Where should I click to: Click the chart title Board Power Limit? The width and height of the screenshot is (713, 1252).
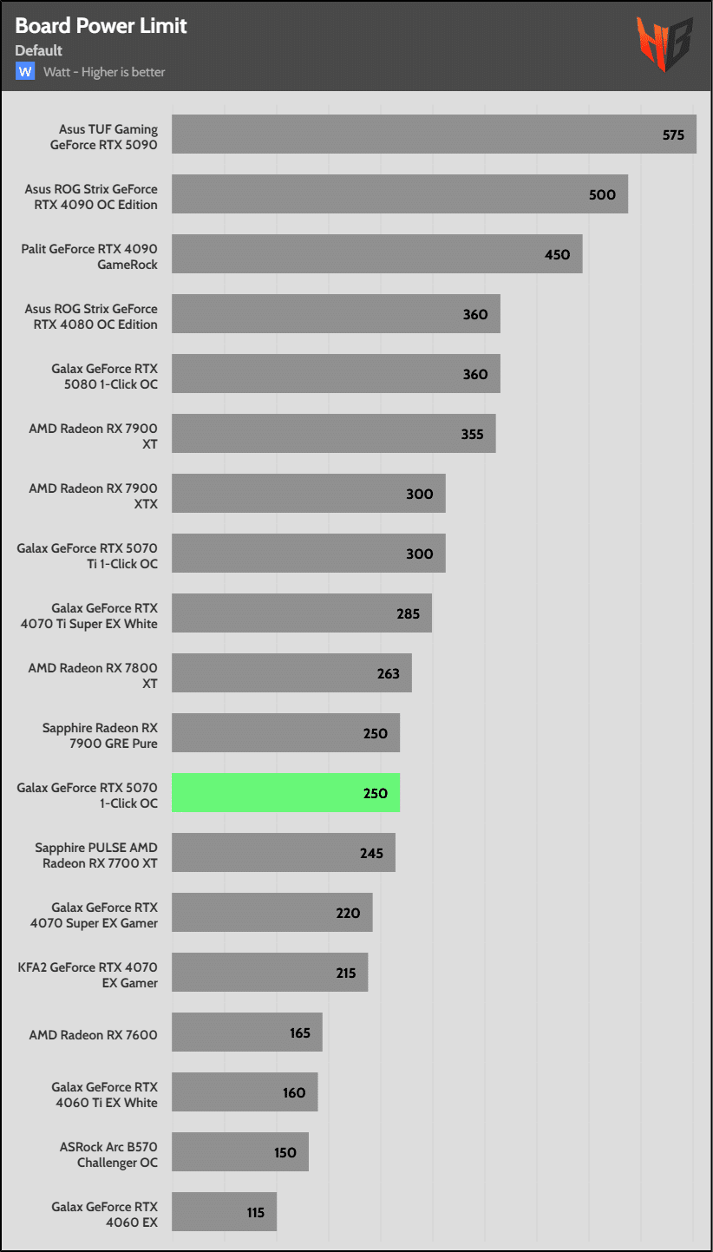point(101,26)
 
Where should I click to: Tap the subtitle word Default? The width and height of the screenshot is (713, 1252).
point(38,50)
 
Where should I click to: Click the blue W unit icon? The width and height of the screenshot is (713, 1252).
point(25,71)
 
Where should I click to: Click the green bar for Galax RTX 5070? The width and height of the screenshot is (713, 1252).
point(285,793)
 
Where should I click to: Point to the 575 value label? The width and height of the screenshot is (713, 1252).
point(673,134)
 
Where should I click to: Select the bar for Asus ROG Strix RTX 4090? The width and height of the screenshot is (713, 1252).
point(399,194)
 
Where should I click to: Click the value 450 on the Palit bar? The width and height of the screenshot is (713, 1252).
point(557,254)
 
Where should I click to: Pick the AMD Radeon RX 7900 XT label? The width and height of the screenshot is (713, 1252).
point(93,435)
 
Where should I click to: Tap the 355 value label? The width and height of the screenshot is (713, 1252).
point(472,434)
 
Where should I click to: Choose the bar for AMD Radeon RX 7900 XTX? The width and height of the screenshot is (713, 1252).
point(308,494)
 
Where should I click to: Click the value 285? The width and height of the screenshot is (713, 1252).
point(408,613)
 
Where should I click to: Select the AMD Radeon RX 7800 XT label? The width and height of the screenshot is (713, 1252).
point(93,674)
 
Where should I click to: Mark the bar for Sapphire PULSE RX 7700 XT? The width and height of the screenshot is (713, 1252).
point(283,853)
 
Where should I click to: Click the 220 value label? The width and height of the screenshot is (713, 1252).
point(348,913)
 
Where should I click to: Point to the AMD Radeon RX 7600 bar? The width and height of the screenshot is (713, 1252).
point(246,1032)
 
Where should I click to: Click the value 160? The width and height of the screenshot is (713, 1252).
point(294,1092)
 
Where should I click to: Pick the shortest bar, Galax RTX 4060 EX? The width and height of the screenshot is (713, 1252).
point(224,1212)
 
